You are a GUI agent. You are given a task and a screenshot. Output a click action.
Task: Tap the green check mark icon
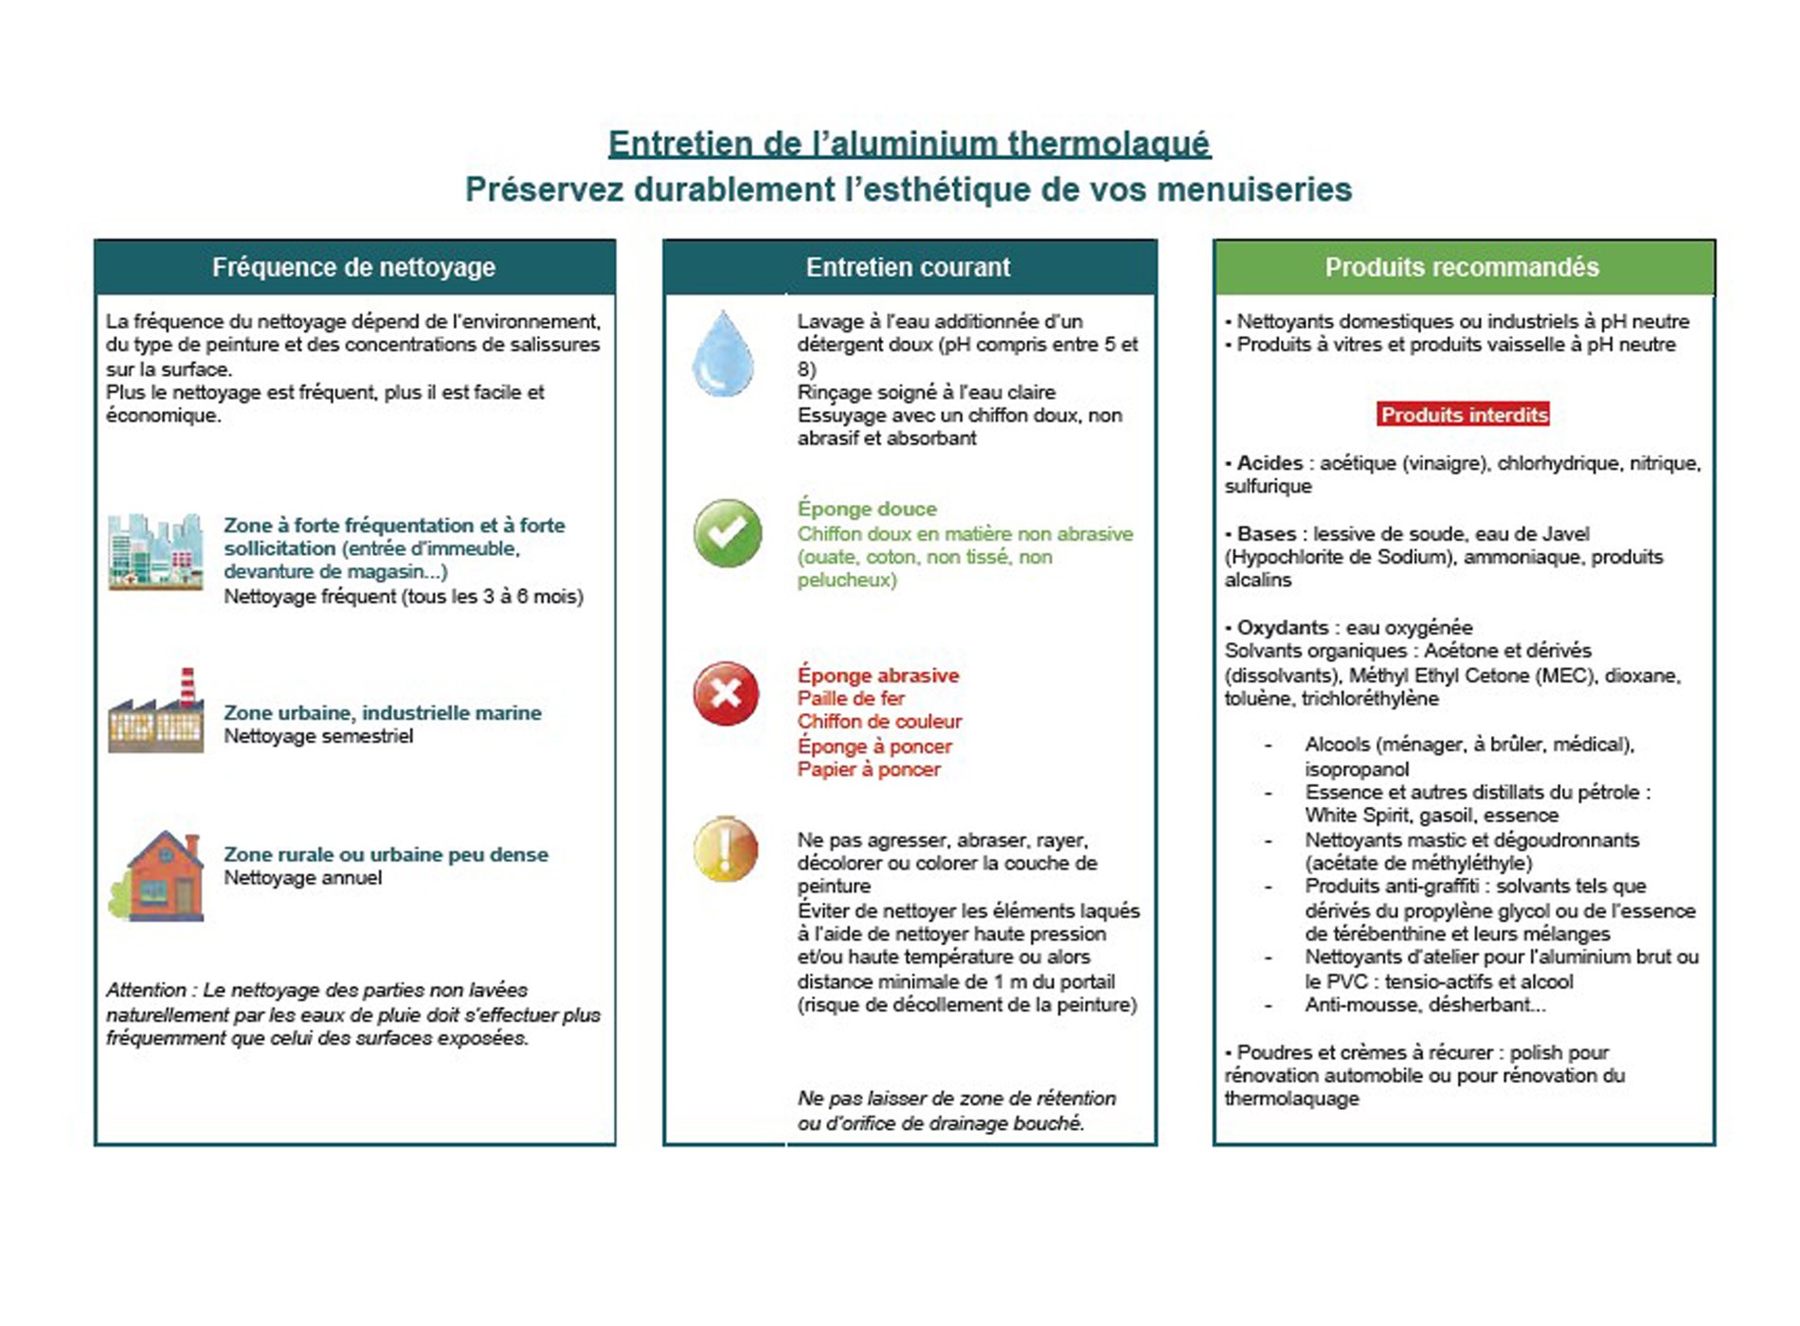coord(727,533)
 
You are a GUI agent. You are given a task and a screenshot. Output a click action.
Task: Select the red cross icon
coord(726,693)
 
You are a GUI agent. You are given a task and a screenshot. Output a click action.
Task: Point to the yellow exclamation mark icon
coord(726,849)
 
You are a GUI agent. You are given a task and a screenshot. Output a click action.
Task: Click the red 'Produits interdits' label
coord(1464,415)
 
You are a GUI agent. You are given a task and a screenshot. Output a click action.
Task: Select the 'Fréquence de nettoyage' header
coord(353,267)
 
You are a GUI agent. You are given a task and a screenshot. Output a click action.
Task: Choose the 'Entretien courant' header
coord(908,267)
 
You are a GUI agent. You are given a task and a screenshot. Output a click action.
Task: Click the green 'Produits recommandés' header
coord(1462,267)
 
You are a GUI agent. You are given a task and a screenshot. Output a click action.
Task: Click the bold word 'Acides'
coord(1269,463)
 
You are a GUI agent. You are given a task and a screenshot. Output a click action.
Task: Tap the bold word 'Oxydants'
coord(1283,628)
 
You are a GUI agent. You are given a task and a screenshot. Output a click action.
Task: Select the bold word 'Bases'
coord(1267,534)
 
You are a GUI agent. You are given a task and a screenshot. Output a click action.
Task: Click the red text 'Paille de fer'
coord(851,699)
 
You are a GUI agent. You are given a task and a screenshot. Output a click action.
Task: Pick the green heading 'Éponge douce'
coord(867,510)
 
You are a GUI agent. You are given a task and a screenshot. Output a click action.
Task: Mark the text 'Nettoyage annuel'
coord(302,878)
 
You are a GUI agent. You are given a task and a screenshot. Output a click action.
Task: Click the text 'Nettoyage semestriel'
coord(318,737)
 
